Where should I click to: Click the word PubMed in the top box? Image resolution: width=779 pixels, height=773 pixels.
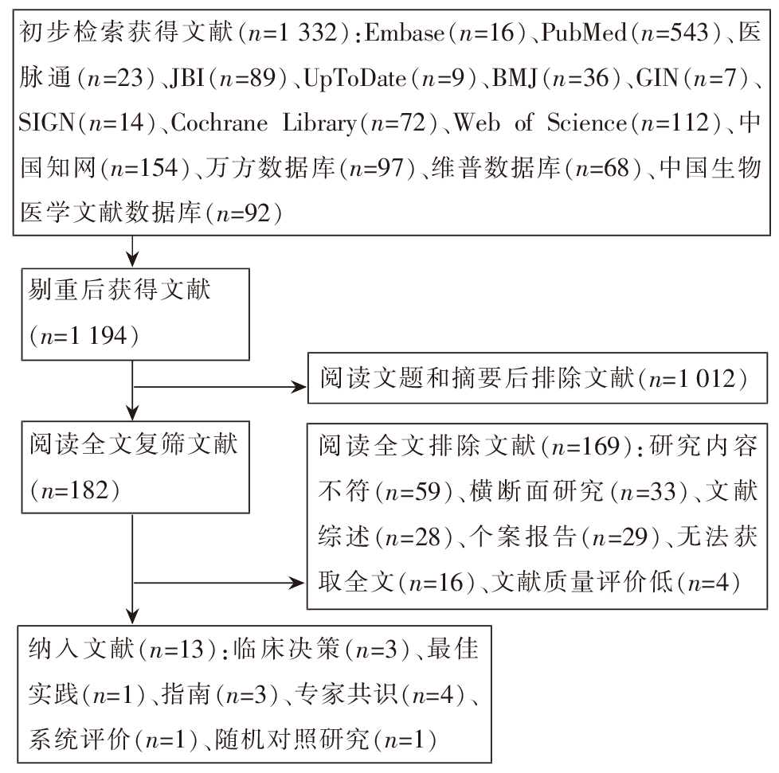point(584,33)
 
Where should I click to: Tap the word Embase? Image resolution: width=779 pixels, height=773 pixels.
point(405,33)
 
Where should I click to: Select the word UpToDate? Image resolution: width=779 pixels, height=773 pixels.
point(354,79)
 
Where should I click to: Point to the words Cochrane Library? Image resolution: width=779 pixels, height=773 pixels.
point(264,123)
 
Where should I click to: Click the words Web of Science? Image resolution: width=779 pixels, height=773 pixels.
point(541,123)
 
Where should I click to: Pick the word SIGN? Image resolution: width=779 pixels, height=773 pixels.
point(47,123)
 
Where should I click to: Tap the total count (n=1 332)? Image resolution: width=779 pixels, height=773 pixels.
point(295,33)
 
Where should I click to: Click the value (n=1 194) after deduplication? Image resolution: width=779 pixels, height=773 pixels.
point(84,336)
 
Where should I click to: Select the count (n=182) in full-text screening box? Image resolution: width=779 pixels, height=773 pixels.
point(75,490)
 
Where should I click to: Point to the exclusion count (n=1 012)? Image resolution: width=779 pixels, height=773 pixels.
point(692,379)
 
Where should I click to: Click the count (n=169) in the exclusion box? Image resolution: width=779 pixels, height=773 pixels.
point(587,446)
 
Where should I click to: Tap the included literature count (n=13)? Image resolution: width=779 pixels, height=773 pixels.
point(178,650)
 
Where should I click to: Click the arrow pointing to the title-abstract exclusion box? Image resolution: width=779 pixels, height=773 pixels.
point(220,387)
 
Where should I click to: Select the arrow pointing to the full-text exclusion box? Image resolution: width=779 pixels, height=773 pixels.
point(219,583)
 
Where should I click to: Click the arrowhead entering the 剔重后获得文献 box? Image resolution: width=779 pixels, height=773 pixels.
point(132,260)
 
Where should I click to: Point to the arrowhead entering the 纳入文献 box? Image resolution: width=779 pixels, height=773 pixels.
point(132,616)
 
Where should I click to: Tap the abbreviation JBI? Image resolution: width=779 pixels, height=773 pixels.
point(187,78)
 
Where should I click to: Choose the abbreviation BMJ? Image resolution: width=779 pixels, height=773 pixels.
point(515,78)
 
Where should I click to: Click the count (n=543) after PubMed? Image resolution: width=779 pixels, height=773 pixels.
point(674,33)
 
